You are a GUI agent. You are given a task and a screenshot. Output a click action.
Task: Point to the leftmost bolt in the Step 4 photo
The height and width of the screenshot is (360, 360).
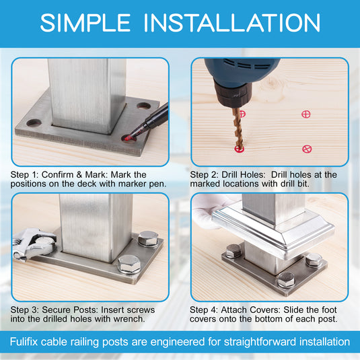click(x=233, y=251)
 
